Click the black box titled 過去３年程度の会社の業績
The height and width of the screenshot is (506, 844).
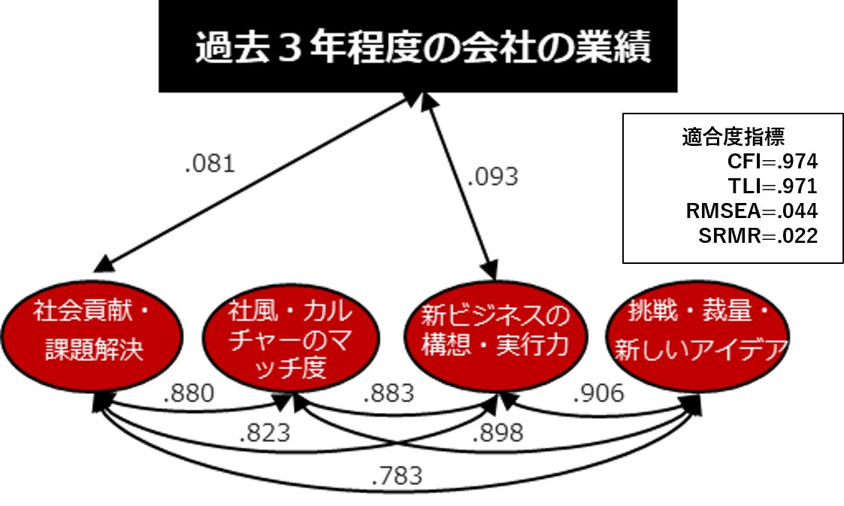click(418, 47)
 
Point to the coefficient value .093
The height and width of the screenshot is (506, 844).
click(493, 177)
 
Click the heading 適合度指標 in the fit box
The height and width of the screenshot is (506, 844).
click(734, 138)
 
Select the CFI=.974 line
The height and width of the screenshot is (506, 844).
click(772, 162)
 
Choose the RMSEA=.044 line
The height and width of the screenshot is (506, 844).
click(752, 211)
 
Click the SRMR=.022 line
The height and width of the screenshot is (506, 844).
click(758, 235)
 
